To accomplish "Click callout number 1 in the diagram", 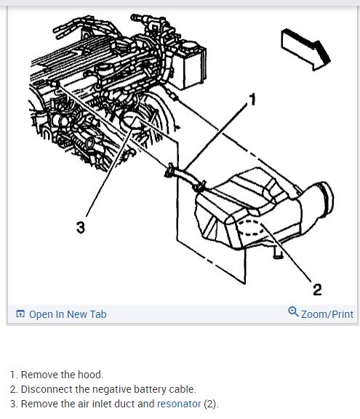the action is click(x=252, y=100).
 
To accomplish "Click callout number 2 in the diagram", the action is click(x=317, y=290).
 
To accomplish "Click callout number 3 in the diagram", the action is click(x=81, y=228).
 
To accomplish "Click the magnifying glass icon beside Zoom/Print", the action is click(x=293, y=312).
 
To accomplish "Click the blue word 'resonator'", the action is click(x=179, y=404).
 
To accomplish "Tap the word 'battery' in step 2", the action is click(x=151, y=389).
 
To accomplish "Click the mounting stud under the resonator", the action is click(x=278, y=252).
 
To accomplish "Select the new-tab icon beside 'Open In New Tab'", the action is click(x=20, y=314).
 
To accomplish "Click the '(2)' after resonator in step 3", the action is click(x=211, y=404).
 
